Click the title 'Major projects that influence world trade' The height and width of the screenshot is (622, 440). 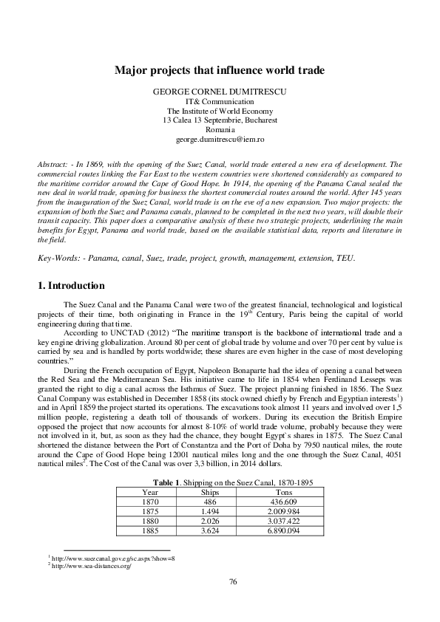pos(220,71)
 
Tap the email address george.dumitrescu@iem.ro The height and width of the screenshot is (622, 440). pos(220,139)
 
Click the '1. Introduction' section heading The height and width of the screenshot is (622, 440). pos(70,286)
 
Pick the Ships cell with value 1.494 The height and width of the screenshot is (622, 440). pos(210,510)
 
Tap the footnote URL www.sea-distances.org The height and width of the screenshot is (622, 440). pos(85,565)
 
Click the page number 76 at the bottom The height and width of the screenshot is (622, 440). pos(233,583)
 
